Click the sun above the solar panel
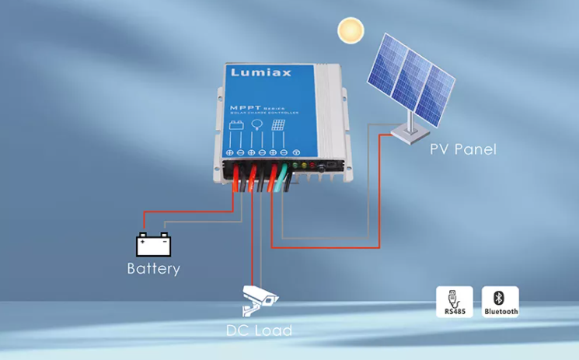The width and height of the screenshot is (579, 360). point(351,31)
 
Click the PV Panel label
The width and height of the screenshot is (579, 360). point(462,149)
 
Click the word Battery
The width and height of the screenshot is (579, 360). point(153,269)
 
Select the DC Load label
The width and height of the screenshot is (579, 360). point(259,330)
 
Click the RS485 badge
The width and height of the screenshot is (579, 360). point(455,302)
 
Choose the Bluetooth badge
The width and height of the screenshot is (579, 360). point(501,302)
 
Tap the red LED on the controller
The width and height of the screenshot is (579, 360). point(312,165)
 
